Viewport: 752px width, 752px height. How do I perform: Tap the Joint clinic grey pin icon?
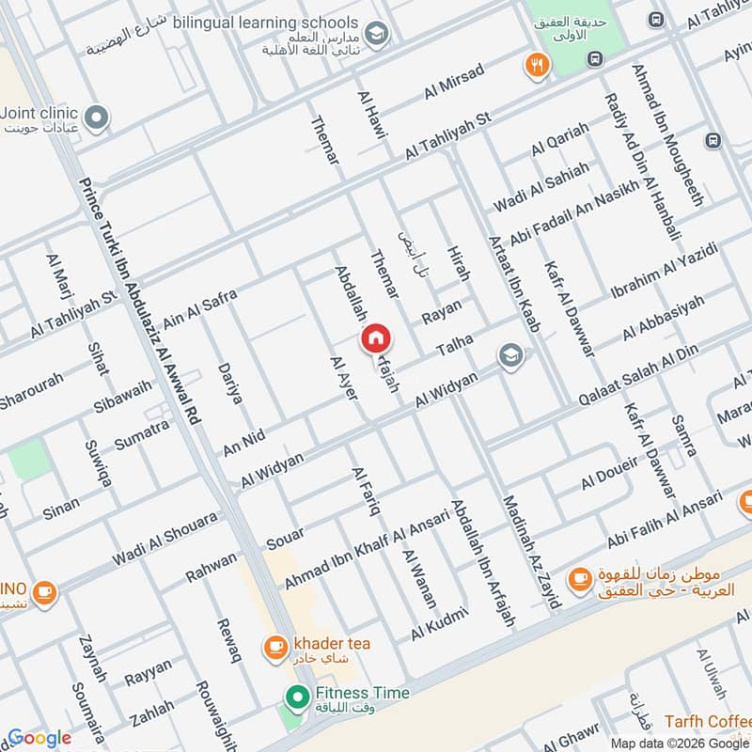96,118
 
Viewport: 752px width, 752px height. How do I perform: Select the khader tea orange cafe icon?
275,646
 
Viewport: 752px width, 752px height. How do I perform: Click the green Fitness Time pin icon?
298,697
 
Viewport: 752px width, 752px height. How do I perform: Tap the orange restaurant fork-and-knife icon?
537,66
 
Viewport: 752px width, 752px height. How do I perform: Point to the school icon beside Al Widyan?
510,356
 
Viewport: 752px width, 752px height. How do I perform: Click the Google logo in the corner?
39,738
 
